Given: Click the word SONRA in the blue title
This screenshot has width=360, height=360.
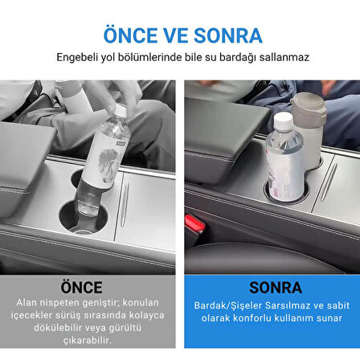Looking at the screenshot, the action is [227, 35].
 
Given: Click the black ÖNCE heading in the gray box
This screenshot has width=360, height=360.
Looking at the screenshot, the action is [81, 287].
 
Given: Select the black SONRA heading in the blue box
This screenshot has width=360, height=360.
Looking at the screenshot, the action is [276, 288].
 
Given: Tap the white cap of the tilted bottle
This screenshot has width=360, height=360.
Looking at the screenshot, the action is [121, 110].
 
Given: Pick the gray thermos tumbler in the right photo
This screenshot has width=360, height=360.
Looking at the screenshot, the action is [309, 126].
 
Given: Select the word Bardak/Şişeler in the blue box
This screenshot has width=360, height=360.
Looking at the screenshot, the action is [228, 305].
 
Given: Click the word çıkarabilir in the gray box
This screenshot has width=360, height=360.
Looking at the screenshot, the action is [88, 341].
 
